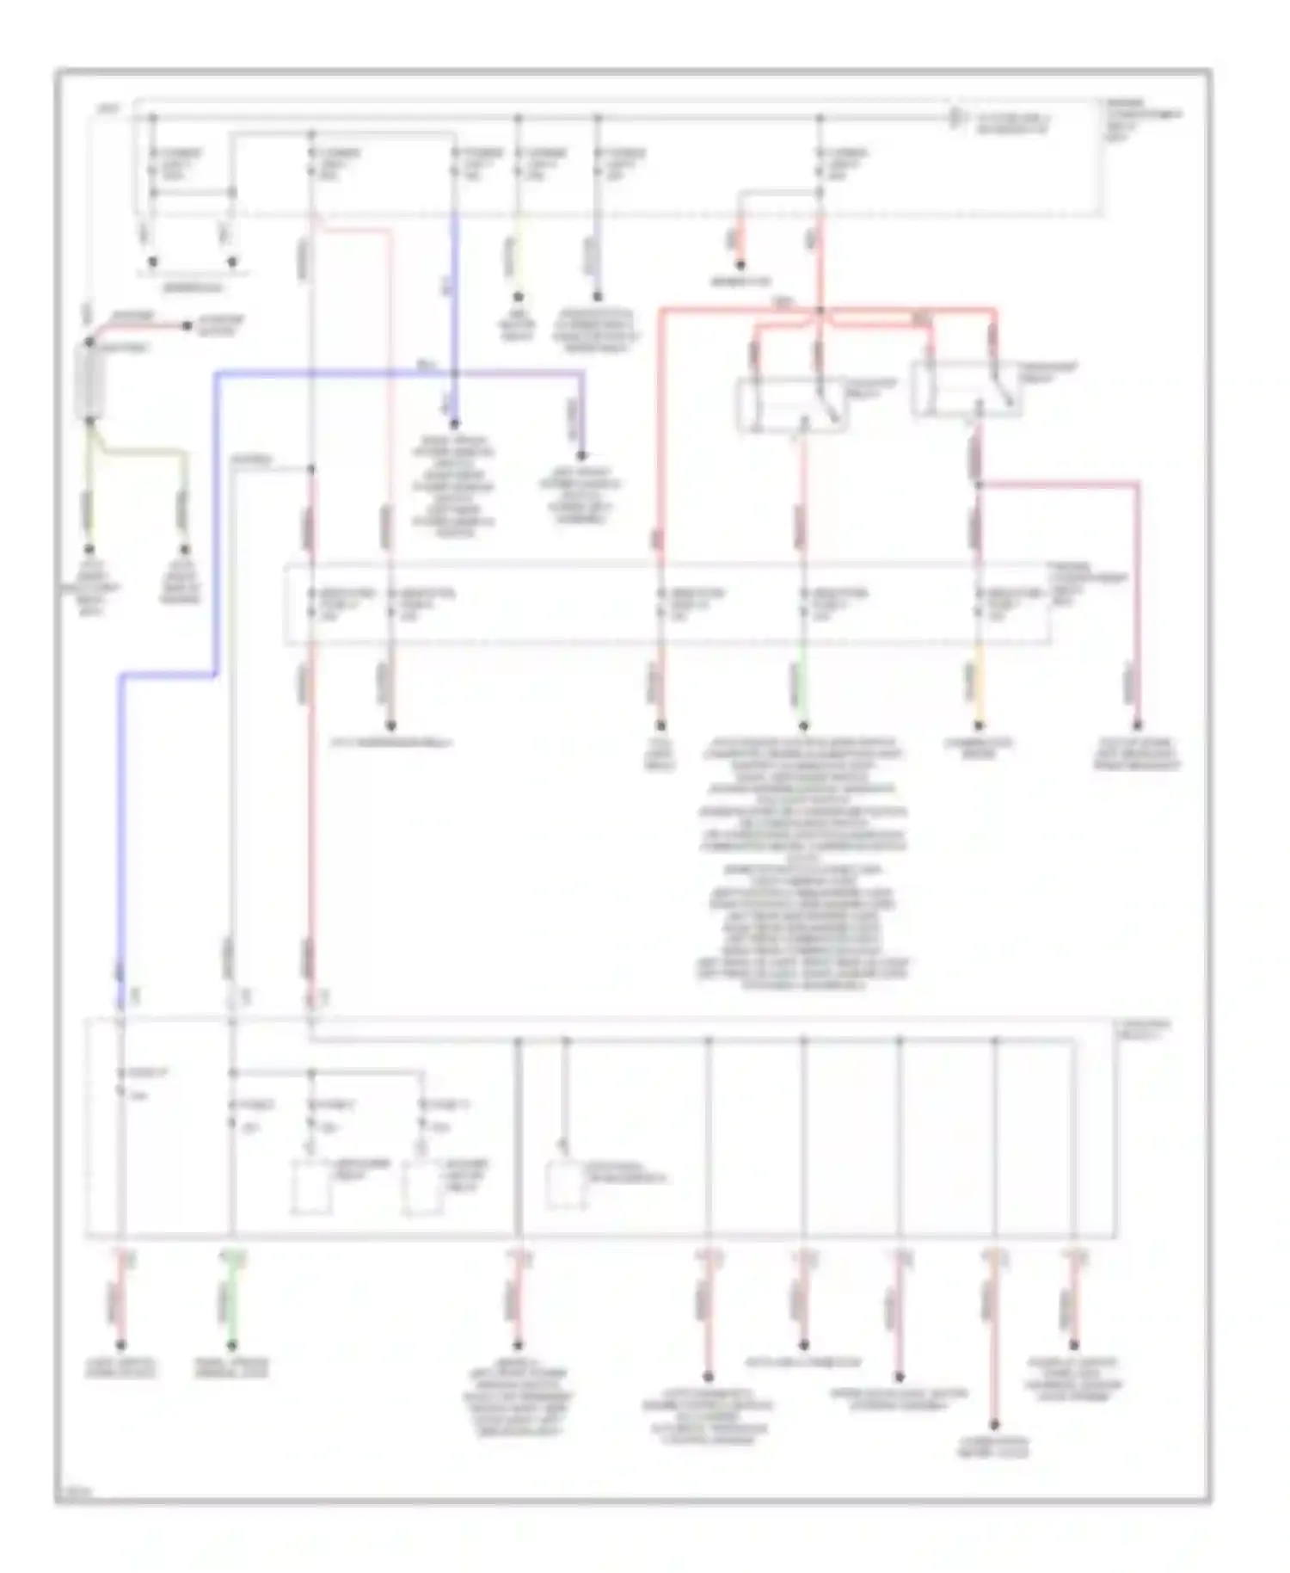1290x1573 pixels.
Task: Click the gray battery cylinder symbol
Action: [x=89, y=382]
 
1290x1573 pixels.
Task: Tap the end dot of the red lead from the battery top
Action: [x=187, y=326]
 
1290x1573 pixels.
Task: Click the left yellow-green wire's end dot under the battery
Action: [x=89, y=548]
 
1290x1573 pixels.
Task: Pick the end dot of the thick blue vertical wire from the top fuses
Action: [x=454, y=423]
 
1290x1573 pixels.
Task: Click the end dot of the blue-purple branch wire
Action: [x=582, y=455]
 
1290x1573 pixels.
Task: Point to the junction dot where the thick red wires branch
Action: [x=820, y=310]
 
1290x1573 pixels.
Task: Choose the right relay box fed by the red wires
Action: [x=967, y=389]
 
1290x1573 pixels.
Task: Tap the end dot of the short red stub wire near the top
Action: [x=740, y=265]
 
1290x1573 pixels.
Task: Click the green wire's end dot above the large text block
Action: [x=803, y=725]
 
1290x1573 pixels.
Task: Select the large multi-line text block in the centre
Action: [x=802, y=861]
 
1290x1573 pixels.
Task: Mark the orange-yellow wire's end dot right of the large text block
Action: [x=978, y=725]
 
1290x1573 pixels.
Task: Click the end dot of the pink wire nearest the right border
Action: [x=1137, y=725]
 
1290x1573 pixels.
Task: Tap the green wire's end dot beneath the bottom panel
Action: [x=230, y=1346]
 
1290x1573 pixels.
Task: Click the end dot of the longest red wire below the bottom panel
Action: [x=994, y=1425]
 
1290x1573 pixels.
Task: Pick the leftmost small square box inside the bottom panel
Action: [x=311, y=1187]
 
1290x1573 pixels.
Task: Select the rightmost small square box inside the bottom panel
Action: [x=568, y=1186]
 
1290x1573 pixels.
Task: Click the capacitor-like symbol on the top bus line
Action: [x=955, y=118]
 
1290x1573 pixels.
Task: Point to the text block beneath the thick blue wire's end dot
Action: [x=454, y=485]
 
